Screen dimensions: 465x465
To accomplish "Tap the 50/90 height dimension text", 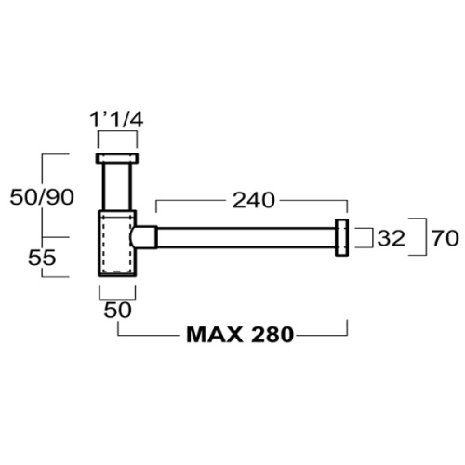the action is click(x=42, y=197).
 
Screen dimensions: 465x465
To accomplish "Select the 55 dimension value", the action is click(x=42, y=258).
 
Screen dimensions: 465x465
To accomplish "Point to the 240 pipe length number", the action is click(x=254, y=200).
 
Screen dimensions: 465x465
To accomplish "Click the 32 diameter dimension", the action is click(x=391, y=238).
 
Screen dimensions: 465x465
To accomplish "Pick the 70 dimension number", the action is click(x=445, y=238).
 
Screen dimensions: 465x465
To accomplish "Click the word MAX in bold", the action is click(x=215, y=335).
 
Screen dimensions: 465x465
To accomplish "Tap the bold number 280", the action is click(x=272, y=335).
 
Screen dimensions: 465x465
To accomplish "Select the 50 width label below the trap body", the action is click(x=117, y=310).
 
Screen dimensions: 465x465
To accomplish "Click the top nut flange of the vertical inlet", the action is click(x=116, y=158).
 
